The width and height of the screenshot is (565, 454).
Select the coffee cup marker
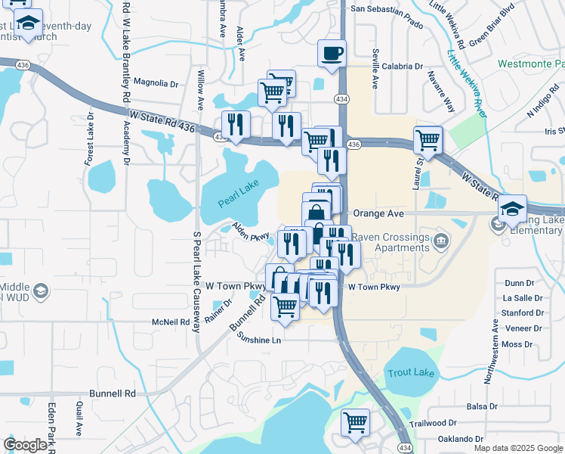pyautogui.click(x=332, y=54)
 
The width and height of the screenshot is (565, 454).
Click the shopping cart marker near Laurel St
pyautogui.click(x=428, y=140)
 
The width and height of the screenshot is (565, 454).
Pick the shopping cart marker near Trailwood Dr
pyautogui.click(x=355, y=422)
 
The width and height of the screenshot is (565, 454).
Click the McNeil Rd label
pyautogui.click(x=170, y=322)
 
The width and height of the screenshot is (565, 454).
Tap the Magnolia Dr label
pyautogui.click(x=155, y=82)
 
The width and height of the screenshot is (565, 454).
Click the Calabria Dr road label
pyautogui.click(x=402, y=67)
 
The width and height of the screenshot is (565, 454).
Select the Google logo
pyautogui.click(x=25, y=445)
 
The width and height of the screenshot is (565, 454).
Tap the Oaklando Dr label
pyautogui.click(x=456, y=439)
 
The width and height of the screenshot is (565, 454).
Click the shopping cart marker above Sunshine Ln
pyautogui.click(x=285, y=306)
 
